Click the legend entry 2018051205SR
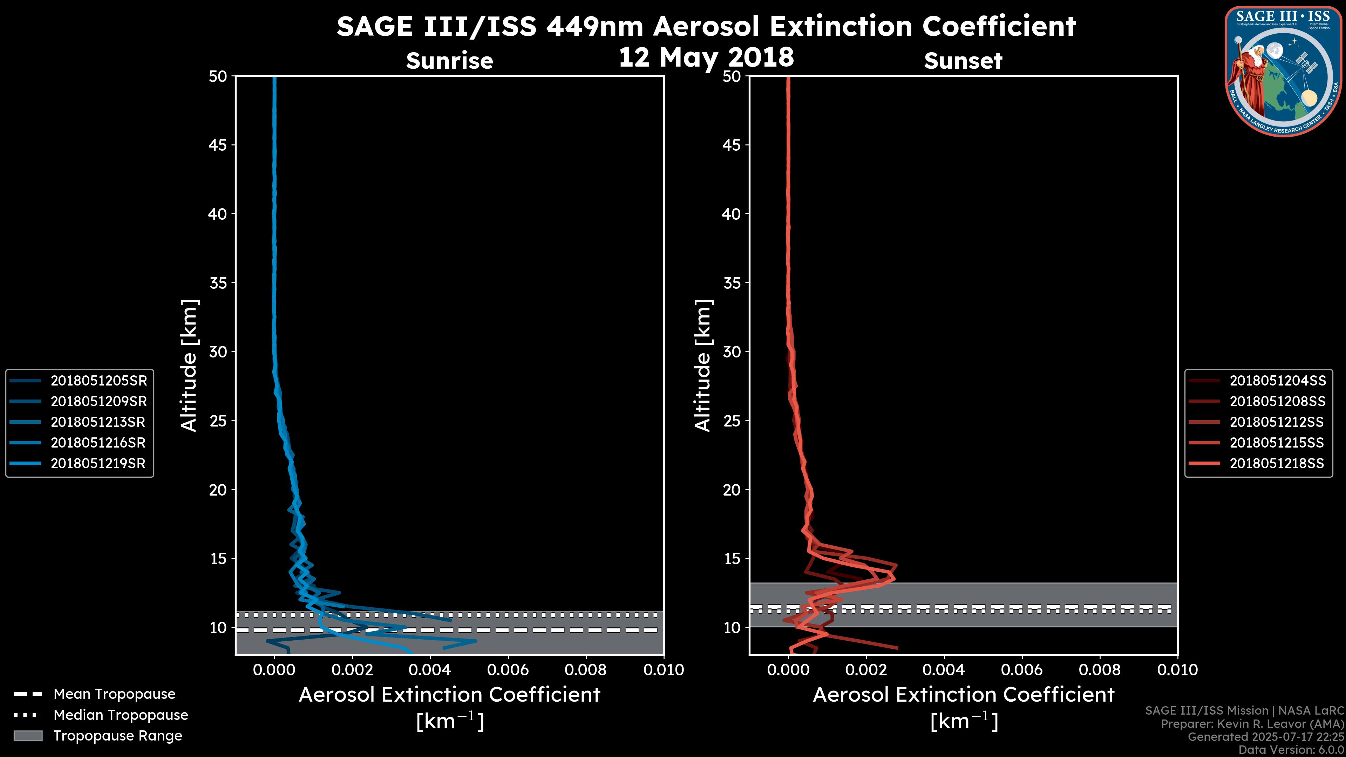pyautogui.click(x=98, y=381)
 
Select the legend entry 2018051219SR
pyautogui.click(x=98, y=463)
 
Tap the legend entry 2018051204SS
pyautogui.click(x=1277, y=381)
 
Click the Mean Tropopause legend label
pyautogui.click(x=114, y=694)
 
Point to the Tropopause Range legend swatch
pyautogui.click(x=28, y=736)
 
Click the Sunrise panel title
pyautogui.click(x=449, y=61)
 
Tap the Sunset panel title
pyautogui.click(x=963, y=61)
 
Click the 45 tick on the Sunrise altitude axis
pyautogui.click(x=218, y=145)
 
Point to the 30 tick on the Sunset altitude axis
pyautogui.click(x=732, y=352)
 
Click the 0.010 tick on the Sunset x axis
pyautogui.click(x=1177, y=670)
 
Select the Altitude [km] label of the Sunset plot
pyautogui.click(x=703, y=365)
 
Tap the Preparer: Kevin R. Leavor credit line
pyautogui.click(x=1252, y=724)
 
